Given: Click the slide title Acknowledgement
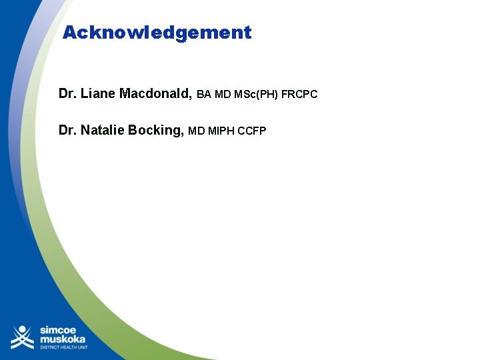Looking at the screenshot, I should tap(157, 32).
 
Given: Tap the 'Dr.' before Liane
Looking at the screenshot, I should tap(67, 93).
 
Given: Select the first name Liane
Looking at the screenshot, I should tap(98, 93).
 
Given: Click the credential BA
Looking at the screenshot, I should tap(204, 95).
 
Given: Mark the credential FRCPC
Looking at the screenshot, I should tap(299, 95).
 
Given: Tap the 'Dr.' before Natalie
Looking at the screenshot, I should tap(67, 129).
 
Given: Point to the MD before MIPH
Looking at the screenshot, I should tap(197, 131).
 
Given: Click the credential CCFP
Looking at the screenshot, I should tap(252, 131).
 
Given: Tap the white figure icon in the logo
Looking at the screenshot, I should tap(22, 337).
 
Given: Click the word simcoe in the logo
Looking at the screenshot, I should tap(59, 330).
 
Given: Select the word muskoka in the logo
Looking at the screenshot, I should tap(63, 339).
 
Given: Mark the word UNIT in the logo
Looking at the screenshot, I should tap(83, 348).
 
